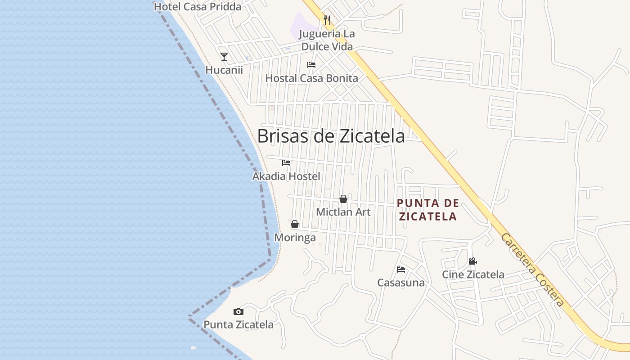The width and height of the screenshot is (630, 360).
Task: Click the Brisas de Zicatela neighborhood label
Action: pos(331,136)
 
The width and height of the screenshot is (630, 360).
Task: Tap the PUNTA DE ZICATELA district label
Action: pos(427,210)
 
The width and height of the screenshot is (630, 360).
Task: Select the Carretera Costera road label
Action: pos(533,270)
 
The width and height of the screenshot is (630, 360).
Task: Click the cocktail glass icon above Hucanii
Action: pos(224,57)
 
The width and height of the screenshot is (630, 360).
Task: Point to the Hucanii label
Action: pos(224,70)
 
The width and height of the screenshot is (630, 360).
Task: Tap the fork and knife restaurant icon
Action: pos(327,20)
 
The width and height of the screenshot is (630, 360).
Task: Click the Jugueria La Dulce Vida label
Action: pos(327,40)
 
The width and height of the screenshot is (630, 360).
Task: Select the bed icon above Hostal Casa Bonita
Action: pos(311,65)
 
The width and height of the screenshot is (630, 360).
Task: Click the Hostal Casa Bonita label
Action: pos(311,78)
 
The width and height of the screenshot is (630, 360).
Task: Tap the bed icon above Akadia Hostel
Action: pos(286,163)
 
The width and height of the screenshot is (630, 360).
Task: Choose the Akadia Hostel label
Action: pos(286,176)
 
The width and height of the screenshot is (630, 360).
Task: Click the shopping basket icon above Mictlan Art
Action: pos(343,199)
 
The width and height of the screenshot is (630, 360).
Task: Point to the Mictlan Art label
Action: pos(343,212)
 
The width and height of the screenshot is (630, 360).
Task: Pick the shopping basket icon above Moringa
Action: pos(295,224)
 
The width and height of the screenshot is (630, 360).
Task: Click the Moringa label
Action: pos(295,238)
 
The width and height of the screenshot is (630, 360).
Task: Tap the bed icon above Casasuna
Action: pos(401,270)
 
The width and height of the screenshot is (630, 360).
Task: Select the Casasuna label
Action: pos(401,283)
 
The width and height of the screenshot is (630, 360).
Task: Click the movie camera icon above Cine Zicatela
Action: pos(472,261)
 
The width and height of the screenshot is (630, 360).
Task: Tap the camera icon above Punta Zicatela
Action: pos(238,311)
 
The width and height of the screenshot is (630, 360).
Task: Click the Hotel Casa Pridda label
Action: pos(198,7)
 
